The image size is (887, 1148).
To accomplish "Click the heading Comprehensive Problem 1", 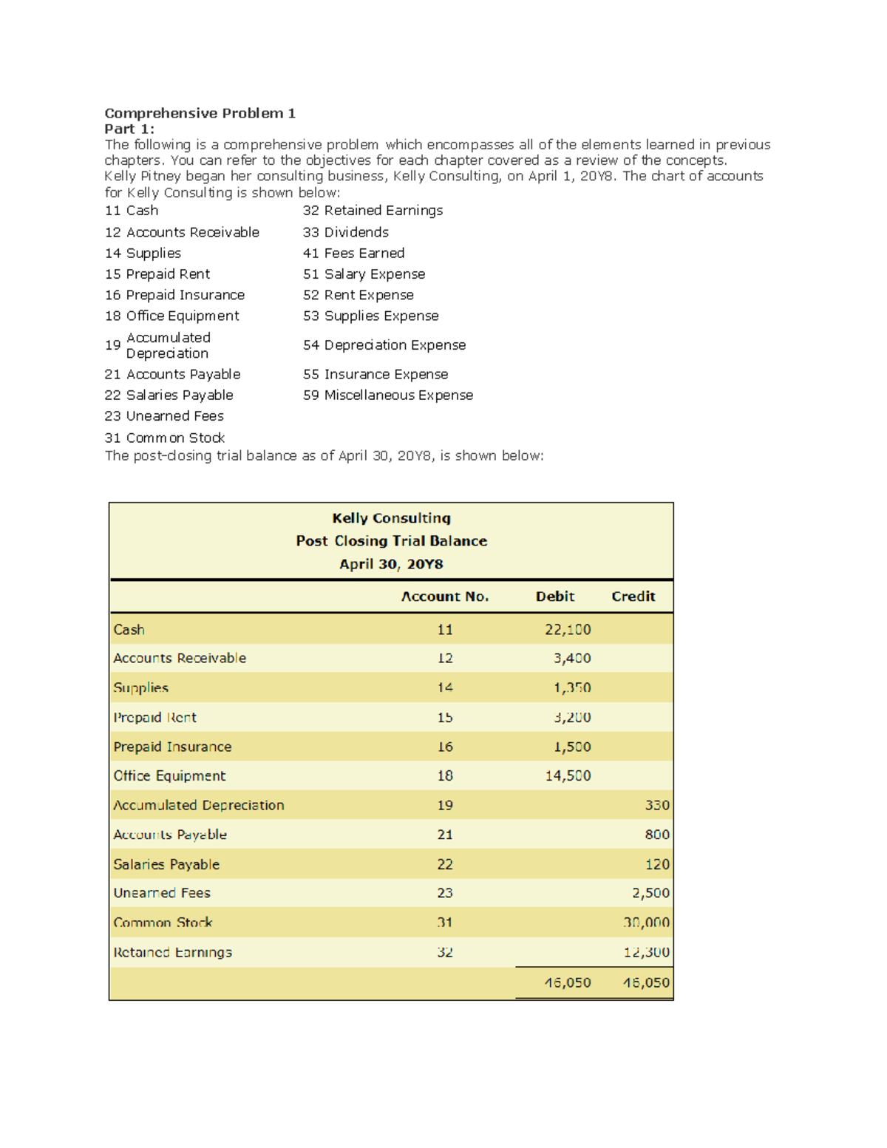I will pyautogui.click(x=200, y=113).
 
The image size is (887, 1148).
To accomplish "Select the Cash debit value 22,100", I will pyautogui.click(x=568, y=630).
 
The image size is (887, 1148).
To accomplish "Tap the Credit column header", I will pyautogui.click(x=633, y=597).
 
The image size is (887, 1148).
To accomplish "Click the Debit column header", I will pyautogui.click(x=554, y=597).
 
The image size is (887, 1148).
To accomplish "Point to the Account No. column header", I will pyautogui.click(x=444, y=597).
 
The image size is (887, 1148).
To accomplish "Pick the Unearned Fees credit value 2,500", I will pyautogui.click(x=650, y=893).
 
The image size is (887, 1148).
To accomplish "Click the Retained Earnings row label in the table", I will pyautogui.click(x=172, y=952).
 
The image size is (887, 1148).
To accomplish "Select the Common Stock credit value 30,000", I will pyautogui.click(x=646, y=923).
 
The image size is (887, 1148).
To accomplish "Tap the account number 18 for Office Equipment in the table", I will pyautogui.click(x=444, y=776).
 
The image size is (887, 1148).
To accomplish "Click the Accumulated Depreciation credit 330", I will pyautogui.click(x=657, y=805).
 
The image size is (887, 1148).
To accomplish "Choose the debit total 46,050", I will pyautogui.click(x=568, y=982).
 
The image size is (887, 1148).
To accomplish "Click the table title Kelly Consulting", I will pyautogui.click(x=391, y=518).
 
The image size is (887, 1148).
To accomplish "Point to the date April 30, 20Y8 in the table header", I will pyautogui.click(x=391, y=564).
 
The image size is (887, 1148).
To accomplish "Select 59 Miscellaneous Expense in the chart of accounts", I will pyautogui.click(x=388, y=395).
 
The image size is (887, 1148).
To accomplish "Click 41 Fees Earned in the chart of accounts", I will pyautogui.click(x=353, y=253).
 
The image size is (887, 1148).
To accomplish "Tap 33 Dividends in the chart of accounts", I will pyautogui.click(x=345, y=232).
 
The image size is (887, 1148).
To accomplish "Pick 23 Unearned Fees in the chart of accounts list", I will pyautogui.click(x=164, y=416).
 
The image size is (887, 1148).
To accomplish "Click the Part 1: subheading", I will pyautogui.click(x=129, y=129).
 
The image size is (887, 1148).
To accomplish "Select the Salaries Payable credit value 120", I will pyautogui.click(x=657, y=864).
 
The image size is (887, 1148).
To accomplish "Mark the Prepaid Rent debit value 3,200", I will pyautogui.click(x=572, y=717).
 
